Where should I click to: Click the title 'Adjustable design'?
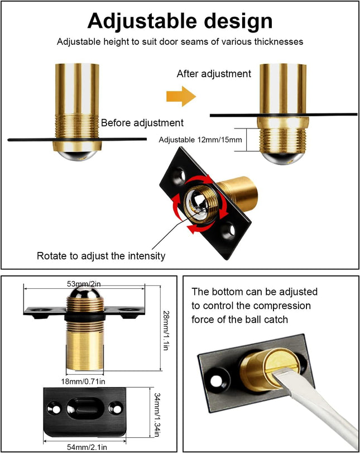coord(180,21)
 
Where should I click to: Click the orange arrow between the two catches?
coord(181,96)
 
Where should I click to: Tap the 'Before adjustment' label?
coord(142,122)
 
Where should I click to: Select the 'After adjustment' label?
coord(214,74)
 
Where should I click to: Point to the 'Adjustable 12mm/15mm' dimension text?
coord(200,140)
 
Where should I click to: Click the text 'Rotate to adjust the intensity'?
coord(100,256)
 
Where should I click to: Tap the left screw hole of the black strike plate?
coord(56,409)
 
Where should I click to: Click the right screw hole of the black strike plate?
coord(116,409)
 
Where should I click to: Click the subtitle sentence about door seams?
coord(180,41)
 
